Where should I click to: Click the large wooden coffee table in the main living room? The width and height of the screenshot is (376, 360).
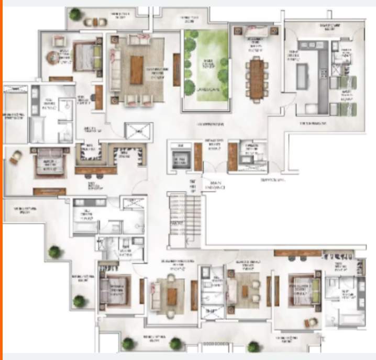click(x=137, y=69)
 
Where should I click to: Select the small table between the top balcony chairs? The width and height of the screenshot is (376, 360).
click(x=95, y=22)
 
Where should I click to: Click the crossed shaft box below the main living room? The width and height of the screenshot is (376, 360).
click(x=139, y=131)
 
